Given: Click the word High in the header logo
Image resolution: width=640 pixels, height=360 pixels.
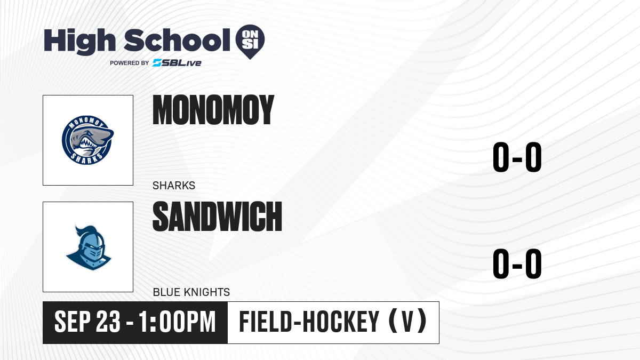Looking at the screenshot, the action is (80, 41).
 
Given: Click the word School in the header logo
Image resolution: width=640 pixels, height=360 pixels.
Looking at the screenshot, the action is (177, 40).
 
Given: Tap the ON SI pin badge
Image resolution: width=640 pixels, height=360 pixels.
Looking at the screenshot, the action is (250, 42).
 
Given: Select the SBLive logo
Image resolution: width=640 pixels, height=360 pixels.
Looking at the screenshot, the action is (177, 63).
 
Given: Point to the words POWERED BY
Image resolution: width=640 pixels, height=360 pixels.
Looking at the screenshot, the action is (130, 63).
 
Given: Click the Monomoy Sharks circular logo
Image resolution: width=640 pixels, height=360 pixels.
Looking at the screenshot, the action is (87, 140).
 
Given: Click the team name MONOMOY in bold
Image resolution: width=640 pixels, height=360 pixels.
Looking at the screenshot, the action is (213, 110).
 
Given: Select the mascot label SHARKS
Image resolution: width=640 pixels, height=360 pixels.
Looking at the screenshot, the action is (174, 186).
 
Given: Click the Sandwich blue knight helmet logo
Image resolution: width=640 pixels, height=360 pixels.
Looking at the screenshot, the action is (89, 247).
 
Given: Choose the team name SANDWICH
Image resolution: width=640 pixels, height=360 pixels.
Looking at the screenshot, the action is (218, 216).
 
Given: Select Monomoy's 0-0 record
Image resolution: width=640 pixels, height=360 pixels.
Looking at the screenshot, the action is (517, 157).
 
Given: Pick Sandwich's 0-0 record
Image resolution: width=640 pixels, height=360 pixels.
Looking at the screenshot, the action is (517, 263).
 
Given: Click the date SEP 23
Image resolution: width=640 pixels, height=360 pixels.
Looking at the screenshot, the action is (87, 322).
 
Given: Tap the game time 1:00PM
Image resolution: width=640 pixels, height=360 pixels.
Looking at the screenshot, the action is (177, 322).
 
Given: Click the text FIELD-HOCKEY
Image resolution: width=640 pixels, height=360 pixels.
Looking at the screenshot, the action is (309, 322).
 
